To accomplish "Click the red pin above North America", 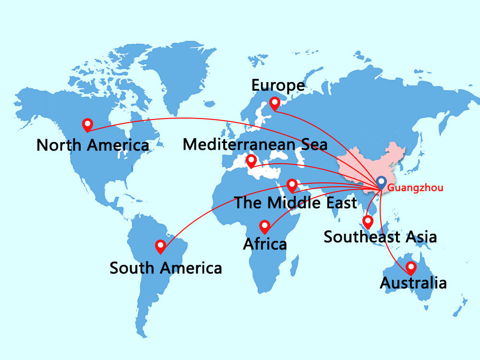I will pyautogui.click(x=87, y=125).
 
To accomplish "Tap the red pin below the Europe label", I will pyautogui.click(x=275, y=103).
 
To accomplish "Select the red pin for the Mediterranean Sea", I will pyautogui.click(x=251, y=161).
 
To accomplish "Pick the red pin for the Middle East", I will pyautogui.click(x=292, y=185).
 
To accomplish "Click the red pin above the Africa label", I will pyautogui.click(x=264, y=226).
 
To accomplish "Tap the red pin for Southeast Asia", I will pyautogui.click(x=368, y=221).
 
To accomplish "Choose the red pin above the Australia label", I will pyautogui.click(x=411, y=268).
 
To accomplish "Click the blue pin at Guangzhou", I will pyautogui.click(x=381, y=182).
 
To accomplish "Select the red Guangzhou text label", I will pyautogui.click(x=415, y=188).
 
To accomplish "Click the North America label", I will pyautogui.click(x=93, y=144).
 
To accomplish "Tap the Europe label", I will pyautogui.click(x=278, y=85).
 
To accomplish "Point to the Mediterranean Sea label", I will pyautogui.click(x=255, y=144).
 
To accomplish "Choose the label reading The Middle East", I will pyautogui.click(x=295, y=202).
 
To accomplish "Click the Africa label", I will pyautogui.click(x=265, y=244).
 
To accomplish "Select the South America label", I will pyautogui.click(x=166, y=267).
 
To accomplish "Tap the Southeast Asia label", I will pyautogui.click(x=380, y=237).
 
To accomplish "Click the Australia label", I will pyautogui.click(x=413, y=283).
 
